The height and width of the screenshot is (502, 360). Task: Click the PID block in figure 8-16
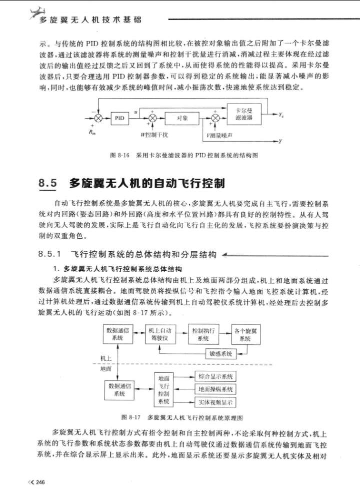pyautogui.click(x=119, y=118)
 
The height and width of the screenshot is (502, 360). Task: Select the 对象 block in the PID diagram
pyautogui.click(x=182, y=118)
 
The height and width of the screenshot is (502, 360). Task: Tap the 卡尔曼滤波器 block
pyautogui.click(x=243, y=115)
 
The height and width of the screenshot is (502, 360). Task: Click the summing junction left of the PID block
pyautogui.click(x=99, y=118)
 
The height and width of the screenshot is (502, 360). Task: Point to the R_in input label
pyautogui.click(x=91, y=132)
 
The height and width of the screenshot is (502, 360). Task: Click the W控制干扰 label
pyautogui.click(x=154, y=135)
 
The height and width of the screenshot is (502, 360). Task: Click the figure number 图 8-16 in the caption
pyautogui.click(x=119, y=156)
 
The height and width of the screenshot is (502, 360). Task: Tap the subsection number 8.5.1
pyautogui.click(x=52, y=255)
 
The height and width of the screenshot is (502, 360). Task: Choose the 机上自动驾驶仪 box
pyautogui.click(x=160, y=334)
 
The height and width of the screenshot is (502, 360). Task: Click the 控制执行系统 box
pyautogui.click(x=202, y=334)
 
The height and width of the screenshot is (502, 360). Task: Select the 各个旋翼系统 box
pyautogui.click(x=244, y=334)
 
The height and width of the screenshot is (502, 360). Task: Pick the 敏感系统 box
pyautogui.click(x=220, y=354)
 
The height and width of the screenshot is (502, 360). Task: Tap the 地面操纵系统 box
pyautogui.click(x=215, y=389)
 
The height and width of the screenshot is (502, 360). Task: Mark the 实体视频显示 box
pyautogui.click(x=215, y=402)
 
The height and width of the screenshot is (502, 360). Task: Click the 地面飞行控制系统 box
pyautogui.click(x=164, y=389)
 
